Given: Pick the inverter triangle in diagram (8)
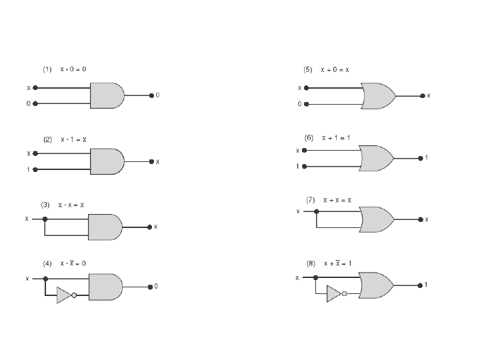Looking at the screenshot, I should tap(333, 294).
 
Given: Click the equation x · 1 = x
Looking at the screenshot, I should tap(73, 140).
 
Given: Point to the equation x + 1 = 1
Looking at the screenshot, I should tap(336, 138).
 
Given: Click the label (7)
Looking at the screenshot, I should tap(311, 199).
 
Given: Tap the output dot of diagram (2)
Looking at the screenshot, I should tap(151, 161).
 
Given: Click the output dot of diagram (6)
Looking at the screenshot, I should tap(419, 159).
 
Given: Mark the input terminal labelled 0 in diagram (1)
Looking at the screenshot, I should tap(35, 103).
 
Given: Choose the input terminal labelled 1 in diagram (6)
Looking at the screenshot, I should tap(305, 166).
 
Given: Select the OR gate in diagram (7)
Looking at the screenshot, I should tap(376, 219).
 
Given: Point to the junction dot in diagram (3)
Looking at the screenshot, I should tap(45, 219).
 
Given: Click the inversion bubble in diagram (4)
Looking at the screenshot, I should tap(74, 295).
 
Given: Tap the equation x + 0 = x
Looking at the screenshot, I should tap(335, 69).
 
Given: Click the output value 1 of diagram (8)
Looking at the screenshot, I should tap(425, 285).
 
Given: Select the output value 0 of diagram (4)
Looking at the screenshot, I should tap(156, 286).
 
